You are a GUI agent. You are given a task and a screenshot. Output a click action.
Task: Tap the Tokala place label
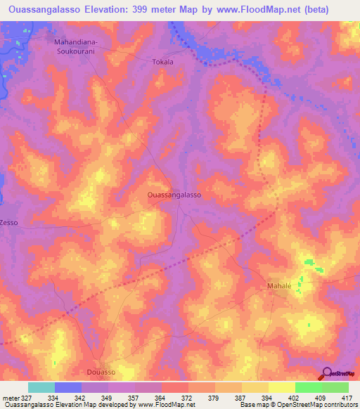(162, 62)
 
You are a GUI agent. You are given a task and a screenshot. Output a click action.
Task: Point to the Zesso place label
(9, 222)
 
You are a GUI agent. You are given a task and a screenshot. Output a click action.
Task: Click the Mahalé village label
(279, 286)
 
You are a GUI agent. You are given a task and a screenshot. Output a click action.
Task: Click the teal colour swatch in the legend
(41, 387)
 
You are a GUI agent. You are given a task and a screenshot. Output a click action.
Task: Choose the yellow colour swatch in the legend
(281, 387)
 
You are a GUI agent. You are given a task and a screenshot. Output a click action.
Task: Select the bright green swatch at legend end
(335, 387)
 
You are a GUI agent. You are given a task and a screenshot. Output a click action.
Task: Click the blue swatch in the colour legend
(67, 387)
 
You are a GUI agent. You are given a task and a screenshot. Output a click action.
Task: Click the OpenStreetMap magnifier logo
(328, 373)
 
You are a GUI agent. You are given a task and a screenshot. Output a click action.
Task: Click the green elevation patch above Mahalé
(310, 264)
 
